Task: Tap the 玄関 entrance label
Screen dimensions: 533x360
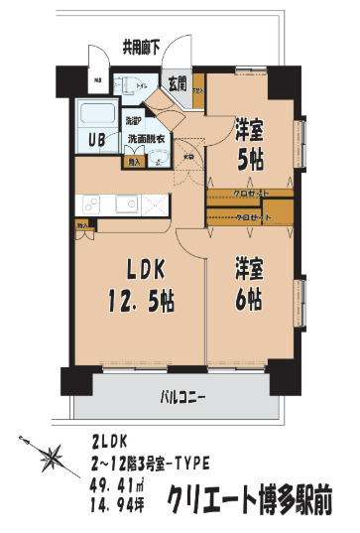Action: pyautogui.click(x=178, y=83)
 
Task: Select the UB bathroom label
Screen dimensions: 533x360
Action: pyautogui.click(x=99, y=139)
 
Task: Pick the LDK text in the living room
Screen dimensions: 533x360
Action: pyautogui.click(x=138, y=269)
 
